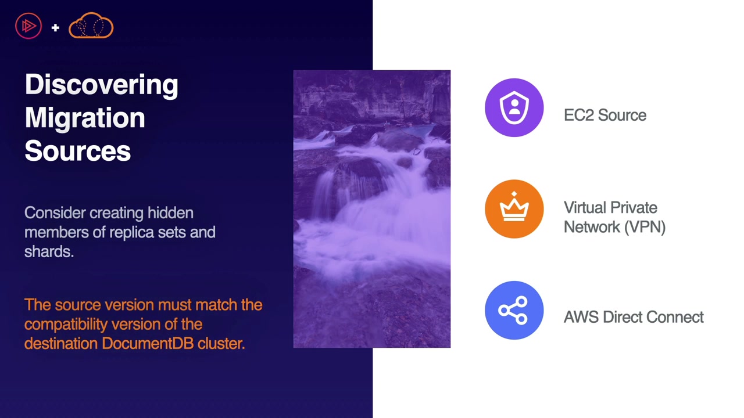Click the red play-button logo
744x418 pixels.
coord(28,26)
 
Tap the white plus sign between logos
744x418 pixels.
coord(55,27)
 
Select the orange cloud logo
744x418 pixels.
coord(91,26)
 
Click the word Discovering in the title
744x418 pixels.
coord(102,85)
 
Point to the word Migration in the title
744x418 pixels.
coord(85,118)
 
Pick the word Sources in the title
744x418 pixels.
coord(78,151)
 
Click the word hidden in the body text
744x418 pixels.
coord(170,212)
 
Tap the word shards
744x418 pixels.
coord(49,251)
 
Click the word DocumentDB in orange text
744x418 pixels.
coord(148,343)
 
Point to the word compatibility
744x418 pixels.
coord(66,325)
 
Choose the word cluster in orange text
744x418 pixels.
coord(221,343)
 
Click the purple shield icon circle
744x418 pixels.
coord(514,107)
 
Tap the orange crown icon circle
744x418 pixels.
coord(514,209)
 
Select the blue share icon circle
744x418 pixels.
coord(514,310)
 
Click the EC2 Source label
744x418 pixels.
coord(605,116)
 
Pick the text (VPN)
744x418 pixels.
coord(645,228)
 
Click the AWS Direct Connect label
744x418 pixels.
coord(634,317)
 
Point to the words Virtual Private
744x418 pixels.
coord(610,208)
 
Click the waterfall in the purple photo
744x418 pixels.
coord(372,209)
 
